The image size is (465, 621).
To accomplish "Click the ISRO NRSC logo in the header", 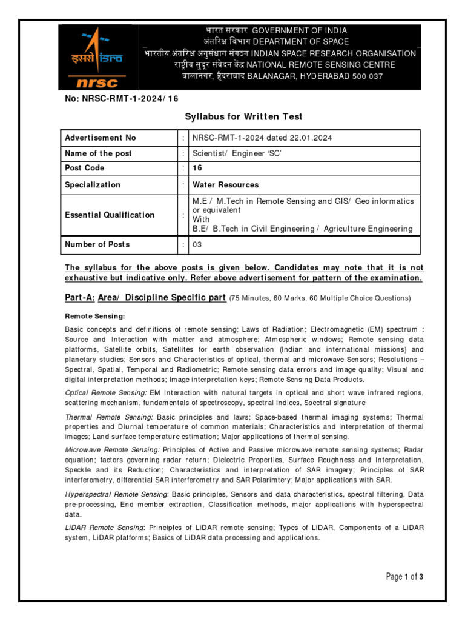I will (99, 58).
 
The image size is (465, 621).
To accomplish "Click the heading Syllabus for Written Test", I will (243, 116).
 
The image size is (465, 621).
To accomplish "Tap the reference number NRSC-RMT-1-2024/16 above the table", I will (122, 98).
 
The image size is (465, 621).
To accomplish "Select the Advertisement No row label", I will (101, 138).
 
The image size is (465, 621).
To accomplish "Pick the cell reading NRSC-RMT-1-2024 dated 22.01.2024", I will (262, 138).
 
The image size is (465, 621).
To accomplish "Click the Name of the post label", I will (98, 153).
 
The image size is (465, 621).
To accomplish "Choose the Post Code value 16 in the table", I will (197, 168).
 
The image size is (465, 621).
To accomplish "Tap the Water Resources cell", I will (225, 184).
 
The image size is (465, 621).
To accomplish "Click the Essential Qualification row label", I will (110, 215).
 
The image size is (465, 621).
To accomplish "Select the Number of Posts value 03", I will (197, 244).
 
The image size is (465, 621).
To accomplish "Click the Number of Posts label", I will (97, 244).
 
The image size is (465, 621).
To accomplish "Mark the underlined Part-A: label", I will (80, 297).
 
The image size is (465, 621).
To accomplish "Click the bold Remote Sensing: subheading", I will (94, 317).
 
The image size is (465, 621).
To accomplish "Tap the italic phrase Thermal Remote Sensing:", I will (109, 417).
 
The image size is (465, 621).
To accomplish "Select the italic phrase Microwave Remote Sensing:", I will (112, 449).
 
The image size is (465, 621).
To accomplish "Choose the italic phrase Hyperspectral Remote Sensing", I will (116, 495).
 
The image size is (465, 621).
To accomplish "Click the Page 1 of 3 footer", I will (404, 577).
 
